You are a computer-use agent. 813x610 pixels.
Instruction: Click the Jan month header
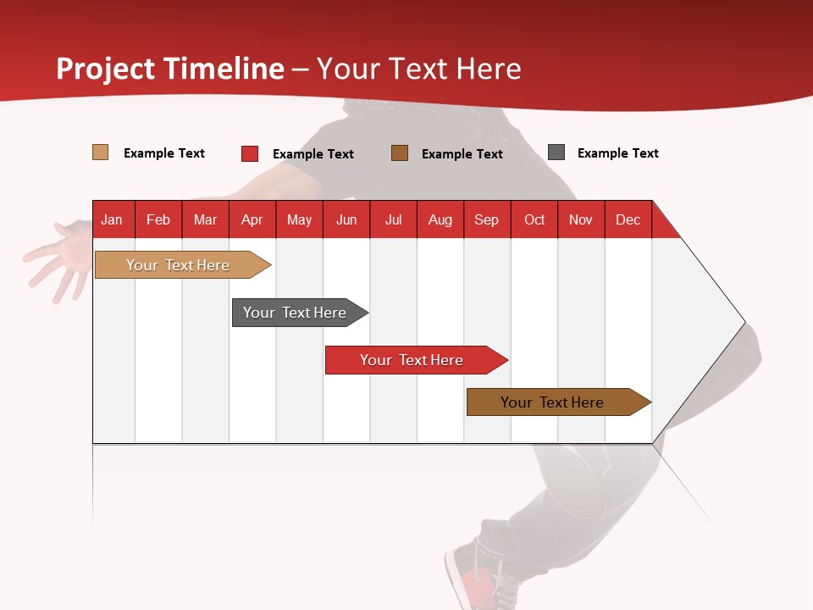pos(112,220)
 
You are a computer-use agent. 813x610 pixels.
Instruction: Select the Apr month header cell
pos(252,220)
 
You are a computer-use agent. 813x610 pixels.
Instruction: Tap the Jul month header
pos(393,220)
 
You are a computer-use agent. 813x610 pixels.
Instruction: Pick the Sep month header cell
pos(486,220)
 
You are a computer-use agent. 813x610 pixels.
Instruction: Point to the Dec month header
pos(628,220)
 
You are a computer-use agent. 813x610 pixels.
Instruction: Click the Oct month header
pos(534,220)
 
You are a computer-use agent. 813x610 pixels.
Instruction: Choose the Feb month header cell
pos(158,220)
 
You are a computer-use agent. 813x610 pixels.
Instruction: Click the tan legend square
pos(101,152)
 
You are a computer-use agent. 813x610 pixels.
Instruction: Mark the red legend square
pos(250,153)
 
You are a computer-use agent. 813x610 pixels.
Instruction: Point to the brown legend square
pos(400,152)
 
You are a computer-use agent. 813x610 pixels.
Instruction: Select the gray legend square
pos(556,152)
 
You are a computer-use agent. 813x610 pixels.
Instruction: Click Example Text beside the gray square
pos(617,153)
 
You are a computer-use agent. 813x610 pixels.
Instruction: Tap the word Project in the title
pos(106,69)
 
